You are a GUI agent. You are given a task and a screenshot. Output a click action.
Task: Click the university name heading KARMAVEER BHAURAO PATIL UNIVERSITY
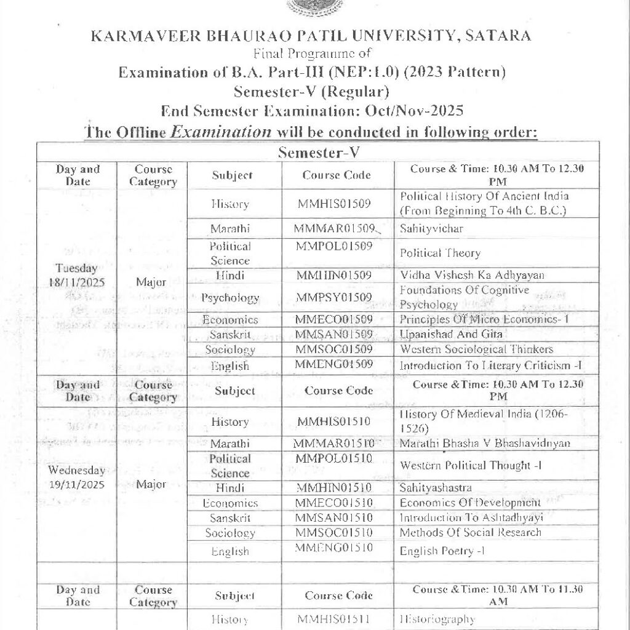click(x=311, y=36)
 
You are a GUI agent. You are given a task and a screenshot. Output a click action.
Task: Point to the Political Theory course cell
click(x=440, y=253)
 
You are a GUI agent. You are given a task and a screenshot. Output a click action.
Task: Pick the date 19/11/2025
click(x=76, y=484)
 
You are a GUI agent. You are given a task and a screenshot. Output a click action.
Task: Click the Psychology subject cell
click(x=230, y=298)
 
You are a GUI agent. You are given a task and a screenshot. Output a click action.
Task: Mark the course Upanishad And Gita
click(x=442, y=335)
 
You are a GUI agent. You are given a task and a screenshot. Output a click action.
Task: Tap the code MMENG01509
click(x=334, y=364)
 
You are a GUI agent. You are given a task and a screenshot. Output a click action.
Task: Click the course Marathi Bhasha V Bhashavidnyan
click(x=485, y=443)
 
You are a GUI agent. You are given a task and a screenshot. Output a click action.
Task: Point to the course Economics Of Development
click(x=461, y=503)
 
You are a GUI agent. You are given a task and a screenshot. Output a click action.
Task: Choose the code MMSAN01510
click(x=334, y=517)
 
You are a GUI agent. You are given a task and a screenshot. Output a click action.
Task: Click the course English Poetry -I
click(x=442, y=551)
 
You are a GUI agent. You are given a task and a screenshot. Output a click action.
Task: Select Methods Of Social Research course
click(x=471, y=532)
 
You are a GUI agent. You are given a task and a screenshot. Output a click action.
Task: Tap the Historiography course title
click(x=437, y=619)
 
